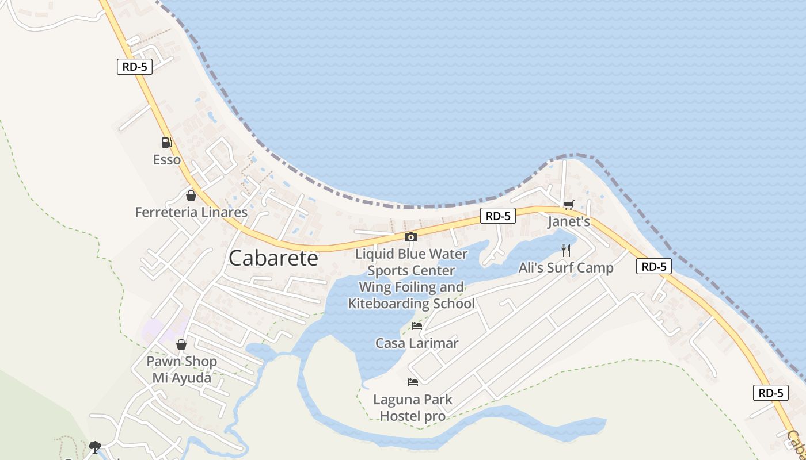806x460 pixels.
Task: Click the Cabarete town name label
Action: [273, 258]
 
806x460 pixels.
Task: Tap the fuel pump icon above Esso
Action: [166, 142]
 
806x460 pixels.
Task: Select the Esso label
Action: [167, 160]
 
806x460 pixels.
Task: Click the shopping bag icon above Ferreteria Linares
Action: [191, 195]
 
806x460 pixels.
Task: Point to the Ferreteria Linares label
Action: [191, 212]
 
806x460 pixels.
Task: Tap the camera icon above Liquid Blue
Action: [410, 237]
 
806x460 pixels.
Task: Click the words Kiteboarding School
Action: [411, 304]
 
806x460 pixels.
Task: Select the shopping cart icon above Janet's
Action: [569, 205]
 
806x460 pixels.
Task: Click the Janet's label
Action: [569, 221]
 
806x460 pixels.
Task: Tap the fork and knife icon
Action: [566, 250]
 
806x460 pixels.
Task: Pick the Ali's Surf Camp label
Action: [566, 267]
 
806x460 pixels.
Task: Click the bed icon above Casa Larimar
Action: [417, 326]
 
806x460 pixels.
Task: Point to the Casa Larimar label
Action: [417, 343]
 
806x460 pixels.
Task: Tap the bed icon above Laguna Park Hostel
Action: [412, 382]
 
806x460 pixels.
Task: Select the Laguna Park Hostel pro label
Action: [412, 407]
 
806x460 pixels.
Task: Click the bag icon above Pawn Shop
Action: [181, 344]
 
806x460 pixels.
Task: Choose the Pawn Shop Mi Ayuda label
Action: [181, 370]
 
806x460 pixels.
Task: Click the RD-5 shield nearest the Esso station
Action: [135, 67]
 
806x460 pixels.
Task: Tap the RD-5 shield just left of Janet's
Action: [498, 216]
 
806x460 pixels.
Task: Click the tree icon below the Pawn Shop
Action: [95, 447]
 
